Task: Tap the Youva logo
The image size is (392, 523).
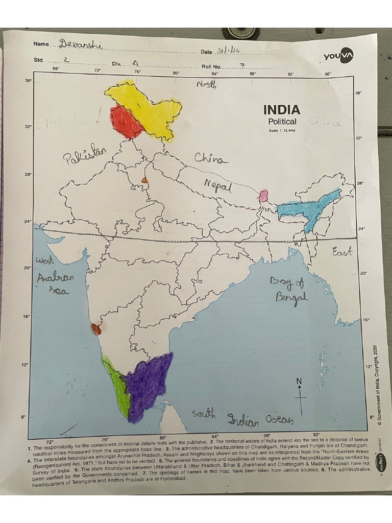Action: pyautogui.click(x=339, y=56)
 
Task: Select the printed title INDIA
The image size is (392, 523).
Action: pyautogui.click(x=282, y=110)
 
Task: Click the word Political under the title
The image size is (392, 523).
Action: pyautogui.click(x=282, y=122)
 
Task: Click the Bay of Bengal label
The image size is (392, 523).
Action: pyautogui.click(x=288, y=289)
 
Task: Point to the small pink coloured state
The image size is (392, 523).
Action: pyautogui.click(x=264, y=196)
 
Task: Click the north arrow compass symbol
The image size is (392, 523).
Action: pyautogui.click(x=301, y=395)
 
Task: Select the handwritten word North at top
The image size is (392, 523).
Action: pyautogui.click(x=206, y=85)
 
